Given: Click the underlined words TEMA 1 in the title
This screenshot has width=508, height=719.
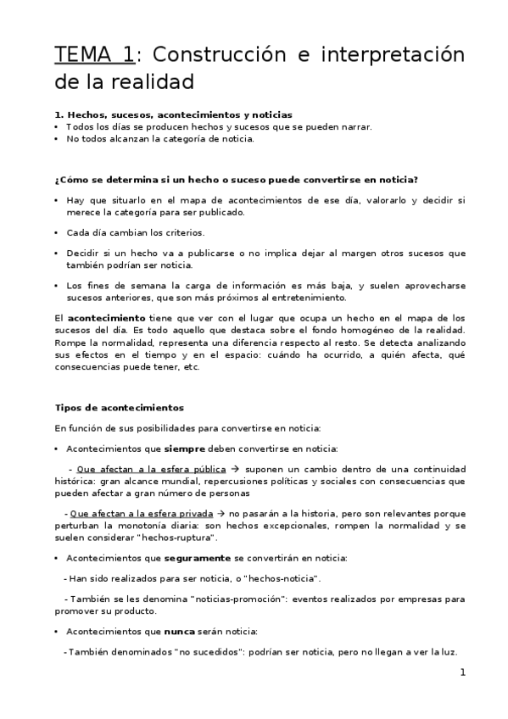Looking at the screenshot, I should [92, 55].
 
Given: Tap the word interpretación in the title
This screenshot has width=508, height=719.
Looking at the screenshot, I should [383, 55].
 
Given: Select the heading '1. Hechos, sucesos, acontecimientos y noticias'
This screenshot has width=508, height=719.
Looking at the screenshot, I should [173, 114].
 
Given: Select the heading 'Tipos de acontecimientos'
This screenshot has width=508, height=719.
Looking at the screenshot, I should [119, 407].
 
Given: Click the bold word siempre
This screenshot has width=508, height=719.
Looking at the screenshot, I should [186, 448].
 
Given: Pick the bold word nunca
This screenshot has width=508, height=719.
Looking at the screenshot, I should [177, 632].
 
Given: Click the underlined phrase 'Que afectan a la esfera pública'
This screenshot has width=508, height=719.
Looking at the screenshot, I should [151, 469].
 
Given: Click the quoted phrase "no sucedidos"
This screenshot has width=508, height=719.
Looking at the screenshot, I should [207, 652].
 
